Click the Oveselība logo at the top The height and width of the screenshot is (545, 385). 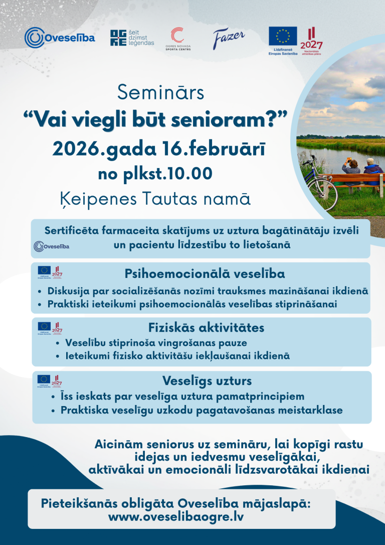pos(60,37)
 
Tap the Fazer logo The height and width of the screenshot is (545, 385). pos(229,37)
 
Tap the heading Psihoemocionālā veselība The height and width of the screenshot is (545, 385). pos(205,274)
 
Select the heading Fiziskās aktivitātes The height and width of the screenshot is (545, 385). pos(206,328)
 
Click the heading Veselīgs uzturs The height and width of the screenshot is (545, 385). pos(207,380)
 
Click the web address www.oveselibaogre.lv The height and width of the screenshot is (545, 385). pos(176,516)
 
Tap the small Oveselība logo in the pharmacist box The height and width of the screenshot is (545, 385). pos(52,246)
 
